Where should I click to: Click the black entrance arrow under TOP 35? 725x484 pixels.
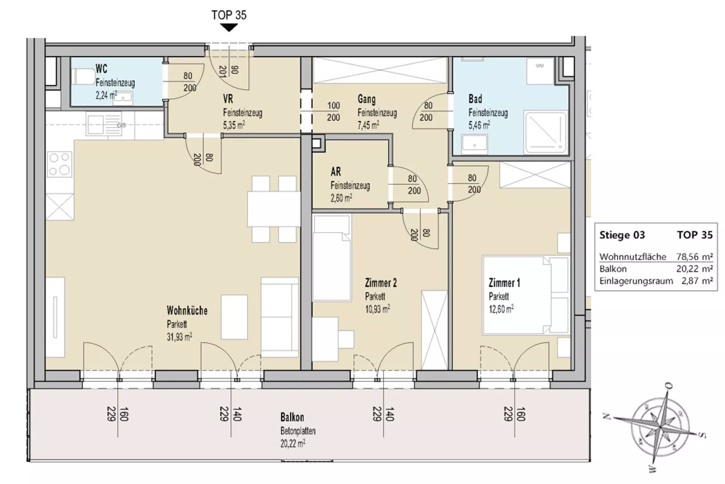[229, 28]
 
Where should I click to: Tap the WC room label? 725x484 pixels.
[101, 69]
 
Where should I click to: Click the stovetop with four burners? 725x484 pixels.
[59, 164]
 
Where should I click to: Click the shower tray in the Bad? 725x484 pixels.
[546, 132]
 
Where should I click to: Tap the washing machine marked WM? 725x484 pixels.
[540, 71]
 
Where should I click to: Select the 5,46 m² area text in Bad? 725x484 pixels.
[479, 125]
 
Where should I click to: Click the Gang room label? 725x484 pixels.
[367, 99]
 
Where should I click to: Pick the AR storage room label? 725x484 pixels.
[336, 172]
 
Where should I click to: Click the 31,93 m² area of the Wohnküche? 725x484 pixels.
[179, 337]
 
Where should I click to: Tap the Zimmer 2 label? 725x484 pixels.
[380, 283]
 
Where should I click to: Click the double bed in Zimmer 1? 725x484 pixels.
[525, 295]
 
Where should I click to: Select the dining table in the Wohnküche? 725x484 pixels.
[274, 209]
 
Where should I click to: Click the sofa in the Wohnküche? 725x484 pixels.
[280, 317]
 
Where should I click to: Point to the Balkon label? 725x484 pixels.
[292, 417]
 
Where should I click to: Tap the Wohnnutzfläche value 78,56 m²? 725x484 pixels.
[694, 257]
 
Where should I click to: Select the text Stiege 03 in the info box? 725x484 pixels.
[622, 235]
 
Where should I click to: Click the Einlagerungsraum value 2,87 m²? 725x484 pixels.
[697, 281]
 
